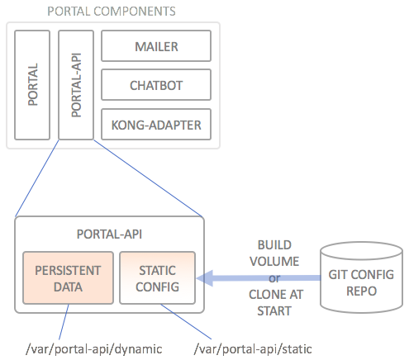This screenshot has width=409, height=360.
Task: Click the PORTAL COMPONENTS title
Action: click(112, 12)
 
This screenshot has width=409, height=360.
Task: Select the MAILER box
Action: click(156, 45)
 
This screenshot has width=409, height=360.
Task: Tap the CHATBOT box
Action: click(156, 85)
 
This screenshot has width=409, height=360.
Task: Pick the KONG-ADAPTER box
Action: click(156, 125)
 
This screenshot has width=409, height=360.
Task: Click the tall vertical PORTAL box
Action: click(32, 85)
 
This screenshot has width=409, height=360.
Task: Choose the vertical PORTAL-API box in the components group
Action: click(76, 85)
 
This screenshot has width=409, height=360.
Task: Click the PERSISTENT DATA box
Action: click(68, 277)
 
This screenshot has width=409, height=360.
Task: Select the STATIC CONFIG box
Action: click(158, 277)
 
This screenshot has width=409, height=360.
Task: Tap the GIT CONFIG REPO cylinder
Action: click(361, 277)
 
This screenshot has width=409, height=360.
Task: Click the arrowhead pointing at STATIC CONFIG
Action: click(204, 278)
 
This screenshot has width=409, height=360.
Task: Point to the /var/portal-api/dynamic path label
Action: click(94, 349)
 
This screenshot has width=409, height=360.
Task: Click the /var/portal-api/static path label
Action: click(253, 349)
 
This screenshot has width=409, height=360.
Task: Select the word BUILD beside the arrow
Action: click(274, 245)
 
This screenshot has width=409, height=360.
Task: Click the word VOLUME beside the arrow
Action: click(274, 262)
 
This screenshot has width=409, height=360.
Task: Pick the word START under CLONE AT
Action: click(274, 311)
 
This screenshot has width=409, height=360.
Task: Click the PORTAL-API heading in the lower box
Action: click(109, 234)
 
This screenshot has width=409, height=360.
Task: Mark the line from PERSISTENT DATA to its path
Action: click(64, 322)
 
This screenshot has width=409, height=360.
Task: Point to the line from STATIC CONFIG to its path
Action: click(186, 321)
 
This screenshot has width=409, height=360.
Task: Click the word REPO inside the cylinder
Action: click(361, 291)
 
